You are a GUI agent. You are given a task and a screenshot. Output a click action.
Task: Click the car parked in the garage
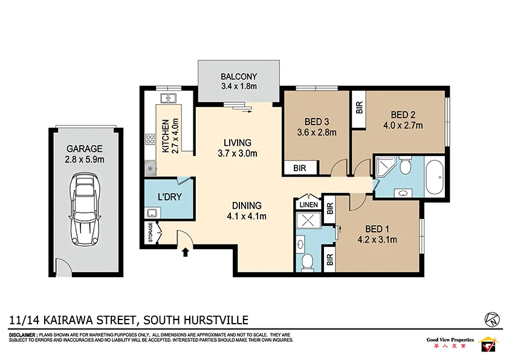coord(85,209)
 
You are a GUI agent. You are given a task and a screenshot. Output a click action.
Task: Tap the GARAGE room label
coord(85,149)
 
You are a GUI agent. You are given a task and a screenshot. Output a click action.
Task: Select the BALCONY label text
coord(239,77)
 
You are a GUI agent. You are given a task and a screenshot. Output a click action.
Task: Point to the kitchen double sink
coord(167,99)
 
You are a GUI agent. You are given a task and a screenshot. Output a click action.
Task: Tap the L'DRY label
coord(170,197)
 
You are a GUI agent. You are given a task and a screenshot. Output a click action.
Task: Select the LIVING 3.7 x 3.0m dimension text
coord(237,153)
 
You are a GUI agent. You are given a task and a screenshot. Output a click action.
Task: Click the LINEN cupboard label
coord(308,206)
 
